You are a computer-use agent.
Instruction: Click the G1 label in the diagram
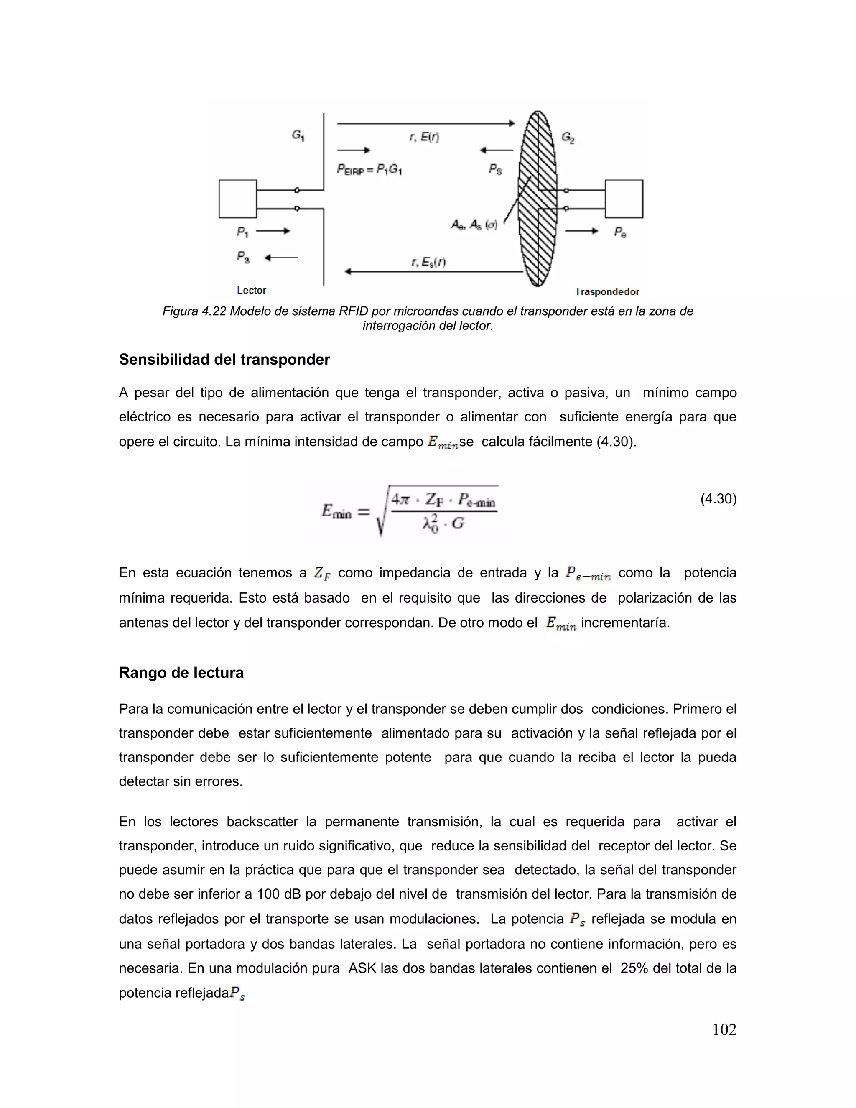tap(298, 135)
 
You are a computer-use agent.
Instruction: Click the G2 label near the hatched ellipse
tap(568, 138)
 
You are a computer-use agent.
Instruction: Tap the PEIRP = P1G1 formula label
tap(369, 169)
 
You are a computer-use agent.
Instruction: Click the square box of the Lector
tap(237, 199)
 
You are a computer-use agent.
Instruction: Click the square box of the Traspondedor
tap(624, 199)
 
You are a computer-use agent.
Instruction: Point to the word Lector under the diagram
tap(252, 290)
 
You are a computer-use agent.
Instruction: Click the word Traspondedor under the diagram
tap(606, 292)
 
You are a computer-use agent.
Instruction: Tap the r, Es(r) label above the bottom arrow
tap(428, 262)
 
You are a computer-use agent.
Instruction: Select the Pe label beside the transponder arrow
tap(620, 232)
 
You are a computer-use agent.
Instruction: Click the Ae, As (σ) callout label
tap(474, 224)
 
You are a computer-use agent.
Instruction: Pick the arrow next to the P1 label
tap(273, 231)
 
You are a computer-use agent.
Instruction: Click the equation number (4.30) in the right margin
tap(718, 499)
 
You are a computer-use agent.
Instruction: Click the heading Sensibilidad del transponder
tap(224, 360)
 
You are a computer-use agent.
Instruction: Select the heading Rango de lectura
tap(181, 673)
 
